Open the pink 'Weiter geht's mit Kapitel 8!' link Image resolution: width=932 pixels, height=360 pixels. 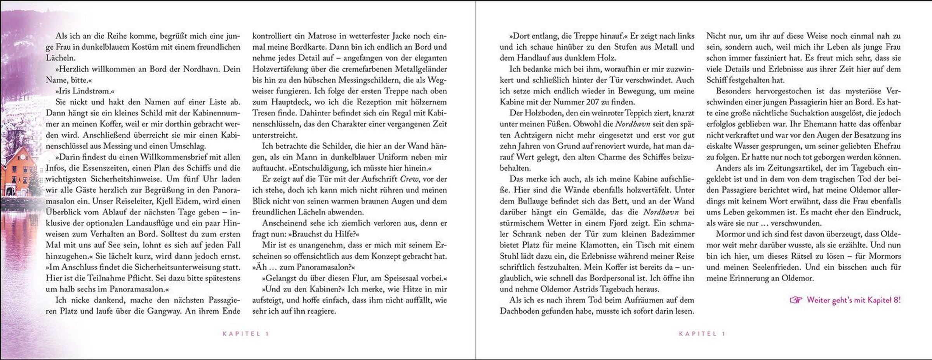tap(853, 300)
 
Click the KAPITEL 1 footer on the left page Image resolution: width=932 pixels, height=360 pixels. tap(245, 334)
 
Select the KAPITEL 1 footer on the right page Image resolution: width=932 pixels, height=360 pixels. tap(702, 334)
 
